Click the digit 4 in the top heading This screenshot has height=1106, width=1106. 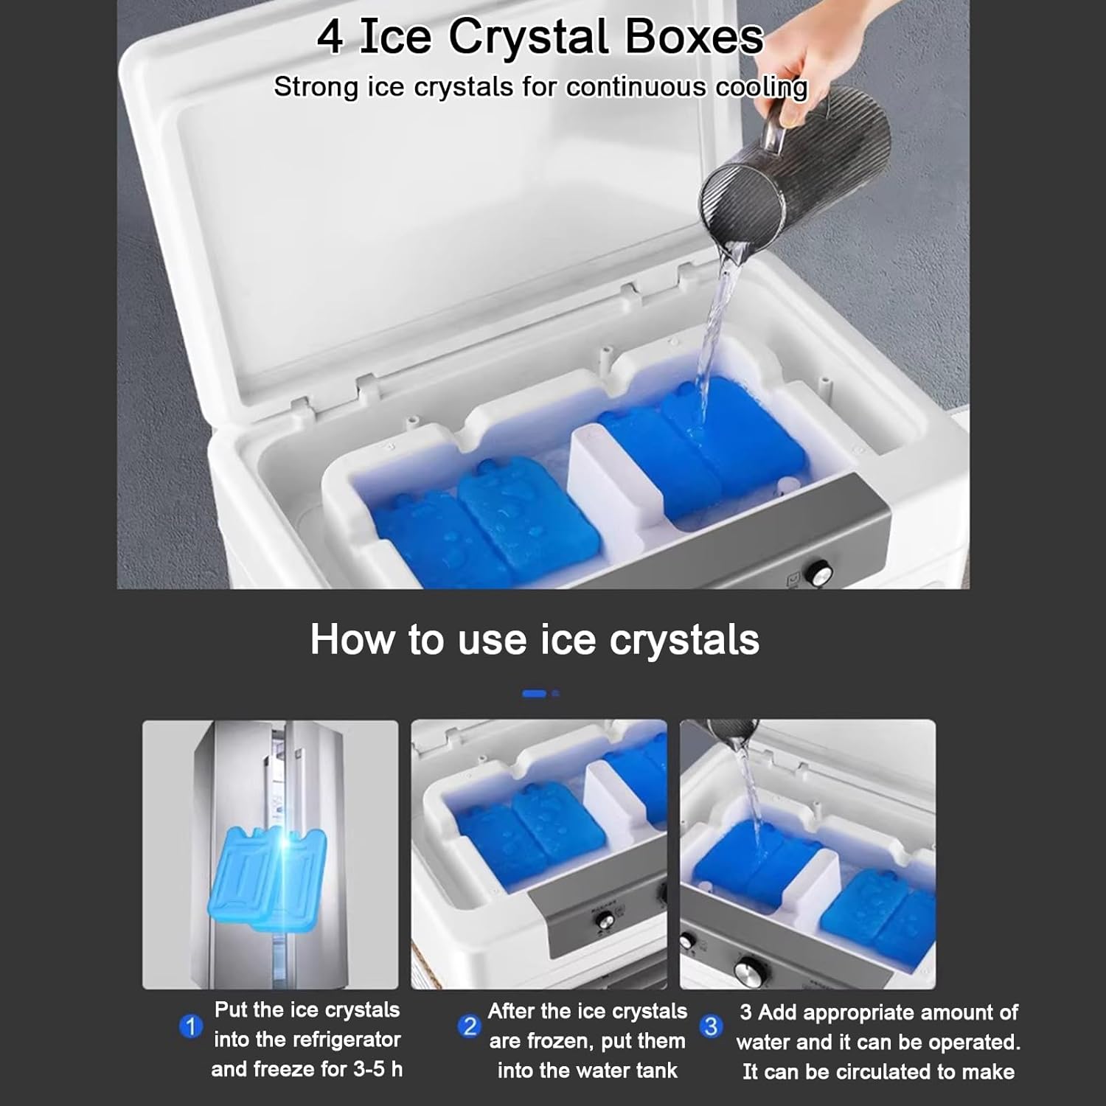[x=330, y=38]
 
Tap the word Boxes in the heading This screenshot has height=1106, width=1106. [x=694, y=38]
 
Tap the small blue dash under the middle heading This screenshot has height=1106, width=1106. [x=535, y=694]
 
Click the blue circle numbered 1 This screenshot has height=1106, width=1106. [x=190, y=1026]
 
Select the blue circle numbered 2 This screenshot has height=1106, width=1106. [x=469, y=1026]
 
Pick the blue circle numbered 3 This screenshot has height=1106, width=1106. [x=711, y=1026]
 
